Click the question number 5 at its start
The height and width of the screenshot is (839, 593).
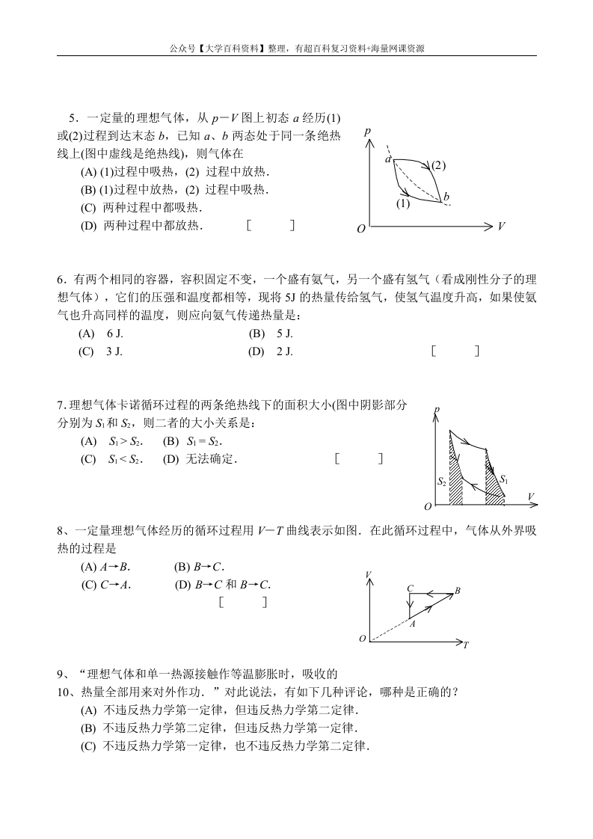(73, 118)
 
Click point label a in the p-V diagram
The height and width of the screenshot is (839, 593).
(388, 159)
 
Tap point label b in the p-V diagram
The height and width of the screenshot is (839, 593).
(446, 197)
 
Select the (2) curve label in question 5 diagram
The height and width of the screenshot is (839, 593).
(438, 165)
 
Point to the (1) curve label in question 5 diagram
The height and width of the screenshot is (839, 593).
(403, 203)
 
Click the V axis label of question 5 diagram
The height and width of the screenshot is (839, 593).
(501, 226)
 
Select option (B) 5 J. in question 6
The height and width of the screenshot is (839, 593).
(271, 334)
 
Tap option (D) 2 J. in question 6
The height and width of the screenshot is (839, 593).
(271, 351)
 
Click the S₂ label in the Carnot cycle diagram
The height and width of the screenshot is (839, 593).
(442, 482)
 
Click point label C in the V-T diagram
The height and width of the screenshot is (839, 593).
(410, 588)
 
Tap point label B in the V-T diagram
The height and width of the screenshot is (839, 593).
(458, 591)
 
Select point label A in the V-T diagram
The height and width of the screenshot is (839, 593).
(412, 624)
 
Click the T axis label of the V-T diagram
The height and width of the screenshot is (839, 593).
(466, 645)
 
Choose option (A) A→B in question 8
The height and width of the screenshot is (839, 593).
(105, 567)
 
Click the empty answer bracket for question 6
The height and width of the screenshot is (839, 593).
(455, 351)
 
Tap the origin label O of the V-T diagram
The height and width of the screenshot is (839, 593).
(362, 639)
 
